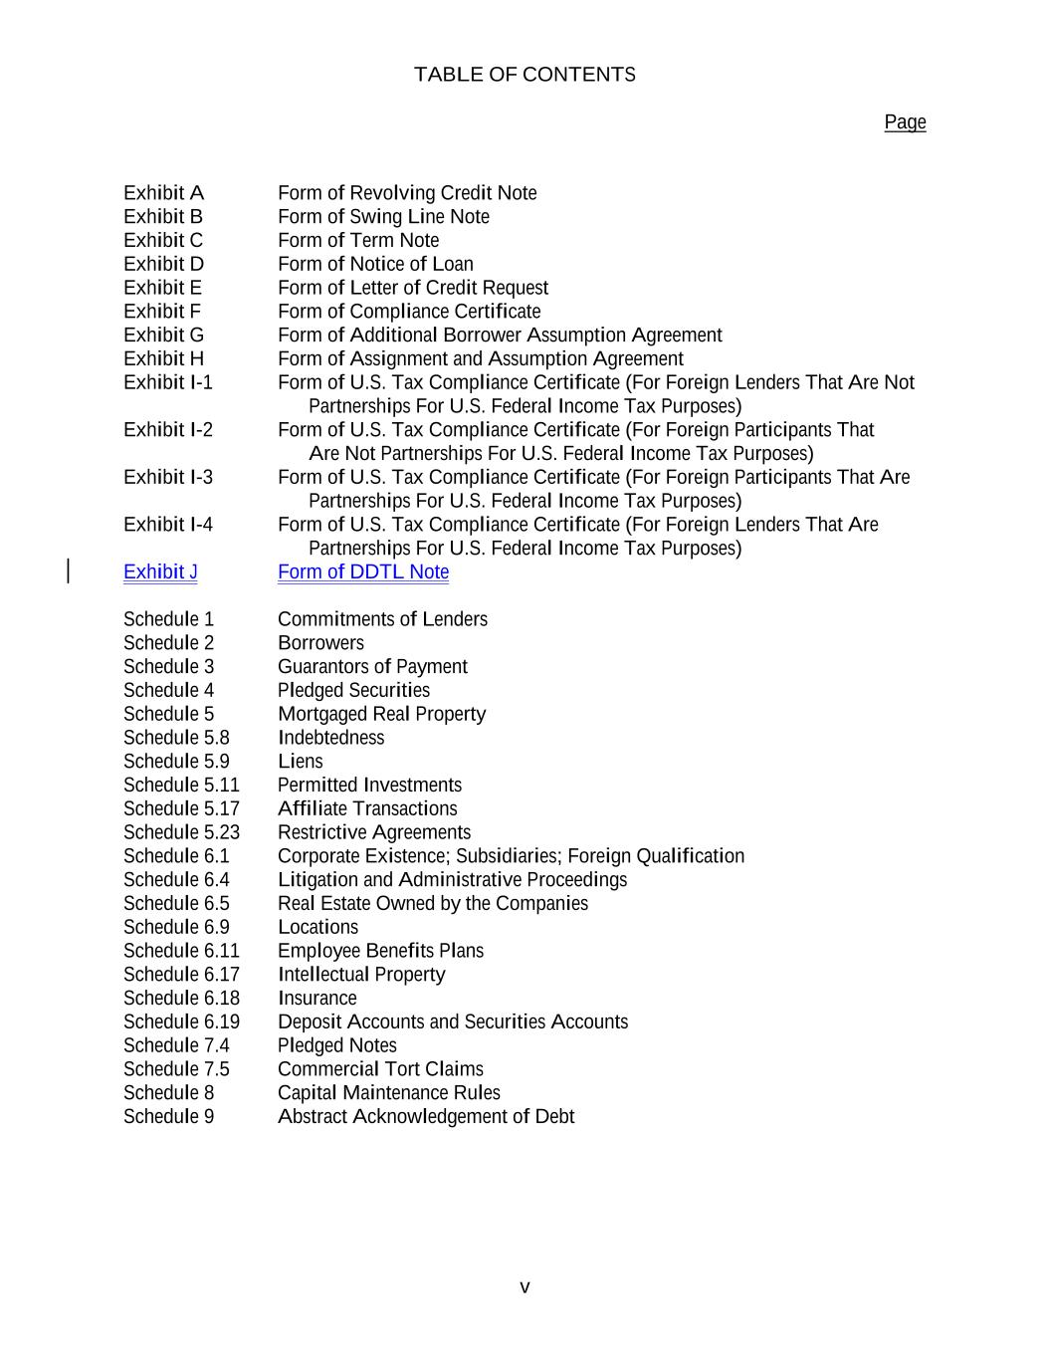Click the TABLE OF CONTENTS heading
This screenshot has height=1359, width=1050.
[525, 75]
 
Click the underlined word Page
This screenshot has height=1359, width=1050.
[905, 122]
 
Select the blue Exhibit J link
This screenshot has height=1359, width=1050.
[160, 572]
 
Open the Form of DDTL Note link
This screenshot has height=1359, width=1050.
[363, 572]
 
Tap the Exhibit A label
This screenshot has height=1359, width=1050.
[163, 193]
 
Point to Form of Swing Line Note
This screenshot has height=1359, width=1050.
[383, 217]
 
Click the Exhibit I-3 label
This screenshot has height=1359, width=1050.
[167, 478]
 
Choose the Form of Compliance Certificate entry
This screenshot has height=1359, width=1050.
[409, 312]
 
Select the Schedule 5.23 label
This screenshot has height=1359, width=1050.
[181, 832]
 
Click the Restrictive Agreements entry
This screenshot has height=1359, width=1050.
[374, 832]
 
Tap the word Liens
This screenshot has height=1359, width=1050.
[301, 762]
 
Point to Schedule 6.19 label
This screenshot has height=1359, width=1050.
[181, 1022]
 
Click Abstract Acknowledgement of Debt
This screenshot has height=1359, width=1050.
[426, 1117]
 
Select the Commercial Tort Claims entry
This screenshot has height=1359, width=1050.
[380, 1069]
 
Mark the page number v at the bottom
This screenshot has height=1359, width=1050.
[525, 1287]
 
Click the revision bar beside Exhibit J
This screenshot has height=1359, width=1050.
[68, 571]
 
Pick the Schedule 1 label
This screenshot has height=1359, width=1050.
[168, 619]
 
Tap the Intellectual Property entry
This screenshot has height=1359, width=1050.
[361, 975]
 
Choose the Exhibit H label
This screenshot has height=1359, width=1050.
[163, 358]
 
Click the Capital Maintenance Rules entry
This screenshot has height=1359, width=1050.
[389, 1093]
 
